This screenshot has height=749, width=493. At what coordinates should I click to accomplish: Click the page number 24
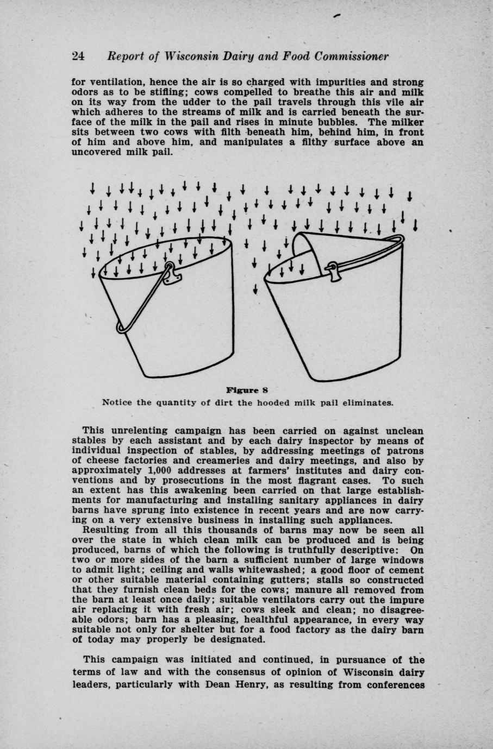pyautogui.click(x=78, y=56)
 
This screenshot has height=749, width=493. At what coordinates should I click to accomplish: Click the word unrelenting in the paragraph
pyautogui.click(x=141, y=431)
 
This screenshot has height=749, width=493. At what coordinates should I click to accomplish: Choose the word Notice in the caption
pyautogui.click(x=117, y=403)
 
